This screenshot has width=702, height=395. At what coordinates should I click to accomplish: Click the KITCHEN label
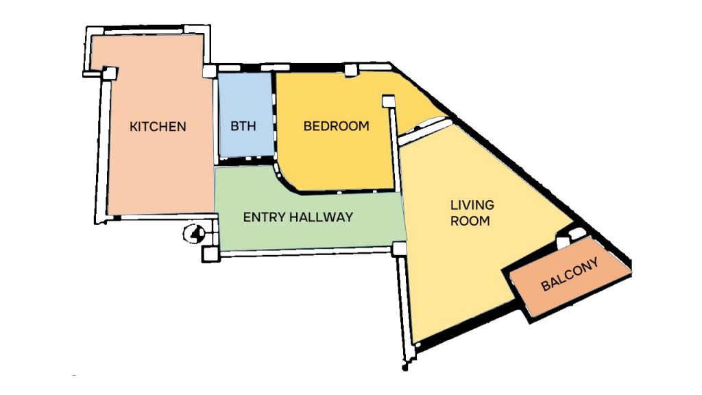pyautogui.click(x=158, y=126)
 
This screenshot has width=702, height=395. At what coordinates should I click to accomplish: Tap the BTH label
pyautogui.click(x=243, y=126)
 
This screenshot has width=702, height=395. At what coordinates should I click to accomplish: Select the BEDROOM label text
pyautogui.click(x=336, y=126)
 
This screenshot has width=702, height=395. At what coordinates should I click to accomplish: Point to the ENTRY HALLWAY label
pyautogui.click(x=298, y=217)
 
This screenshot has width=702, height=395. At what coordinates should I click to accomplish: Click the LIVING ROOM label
pyautogui.click(x=472, y=213)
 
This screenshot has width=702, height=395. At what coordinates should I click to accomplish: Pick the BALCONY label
pyautogui.click(x=570, y=274)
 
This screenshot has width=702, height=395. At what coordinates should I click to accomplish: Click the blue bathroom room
pyautogui.click(x=245, y=115)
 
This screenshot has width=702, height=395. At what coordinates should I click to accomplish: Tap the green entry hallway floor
pyautogui.click(x=309, y=215)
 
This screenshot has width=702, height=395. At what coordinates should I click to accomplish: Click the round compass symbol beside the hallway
pyautogui.click(x=194, y=233)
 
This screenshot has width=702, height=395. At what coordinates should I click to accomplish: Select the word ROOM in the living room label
pyautogui.click(x=470, y=221)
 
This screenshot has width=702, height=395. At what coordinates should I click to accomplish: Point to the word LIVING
pyautogui.click(x=472, y=205)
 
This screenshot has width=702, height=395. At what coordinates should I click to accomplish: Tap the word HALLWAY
pyautogui.click(x=321, y=217)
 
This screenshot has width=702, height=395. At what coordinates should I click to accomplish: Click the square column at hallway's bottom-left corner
pyautogui.click(x=210, y=254)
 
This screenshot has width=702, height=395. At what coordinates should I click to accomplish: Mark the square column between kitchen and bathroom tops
pyautogui.click(x=209, y=71)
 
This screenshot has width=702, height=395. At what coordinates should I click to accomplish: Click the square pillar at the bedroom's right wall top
pyautogui.click(x=388, y=101)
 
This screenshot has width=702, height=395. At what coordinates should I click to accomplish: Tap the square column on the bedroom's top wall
pyautogui.click(x=350, y=70)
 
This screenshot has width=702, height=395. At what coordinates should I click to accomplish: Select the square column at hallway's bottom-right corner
pyautogui.click(x=399, y=248)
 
